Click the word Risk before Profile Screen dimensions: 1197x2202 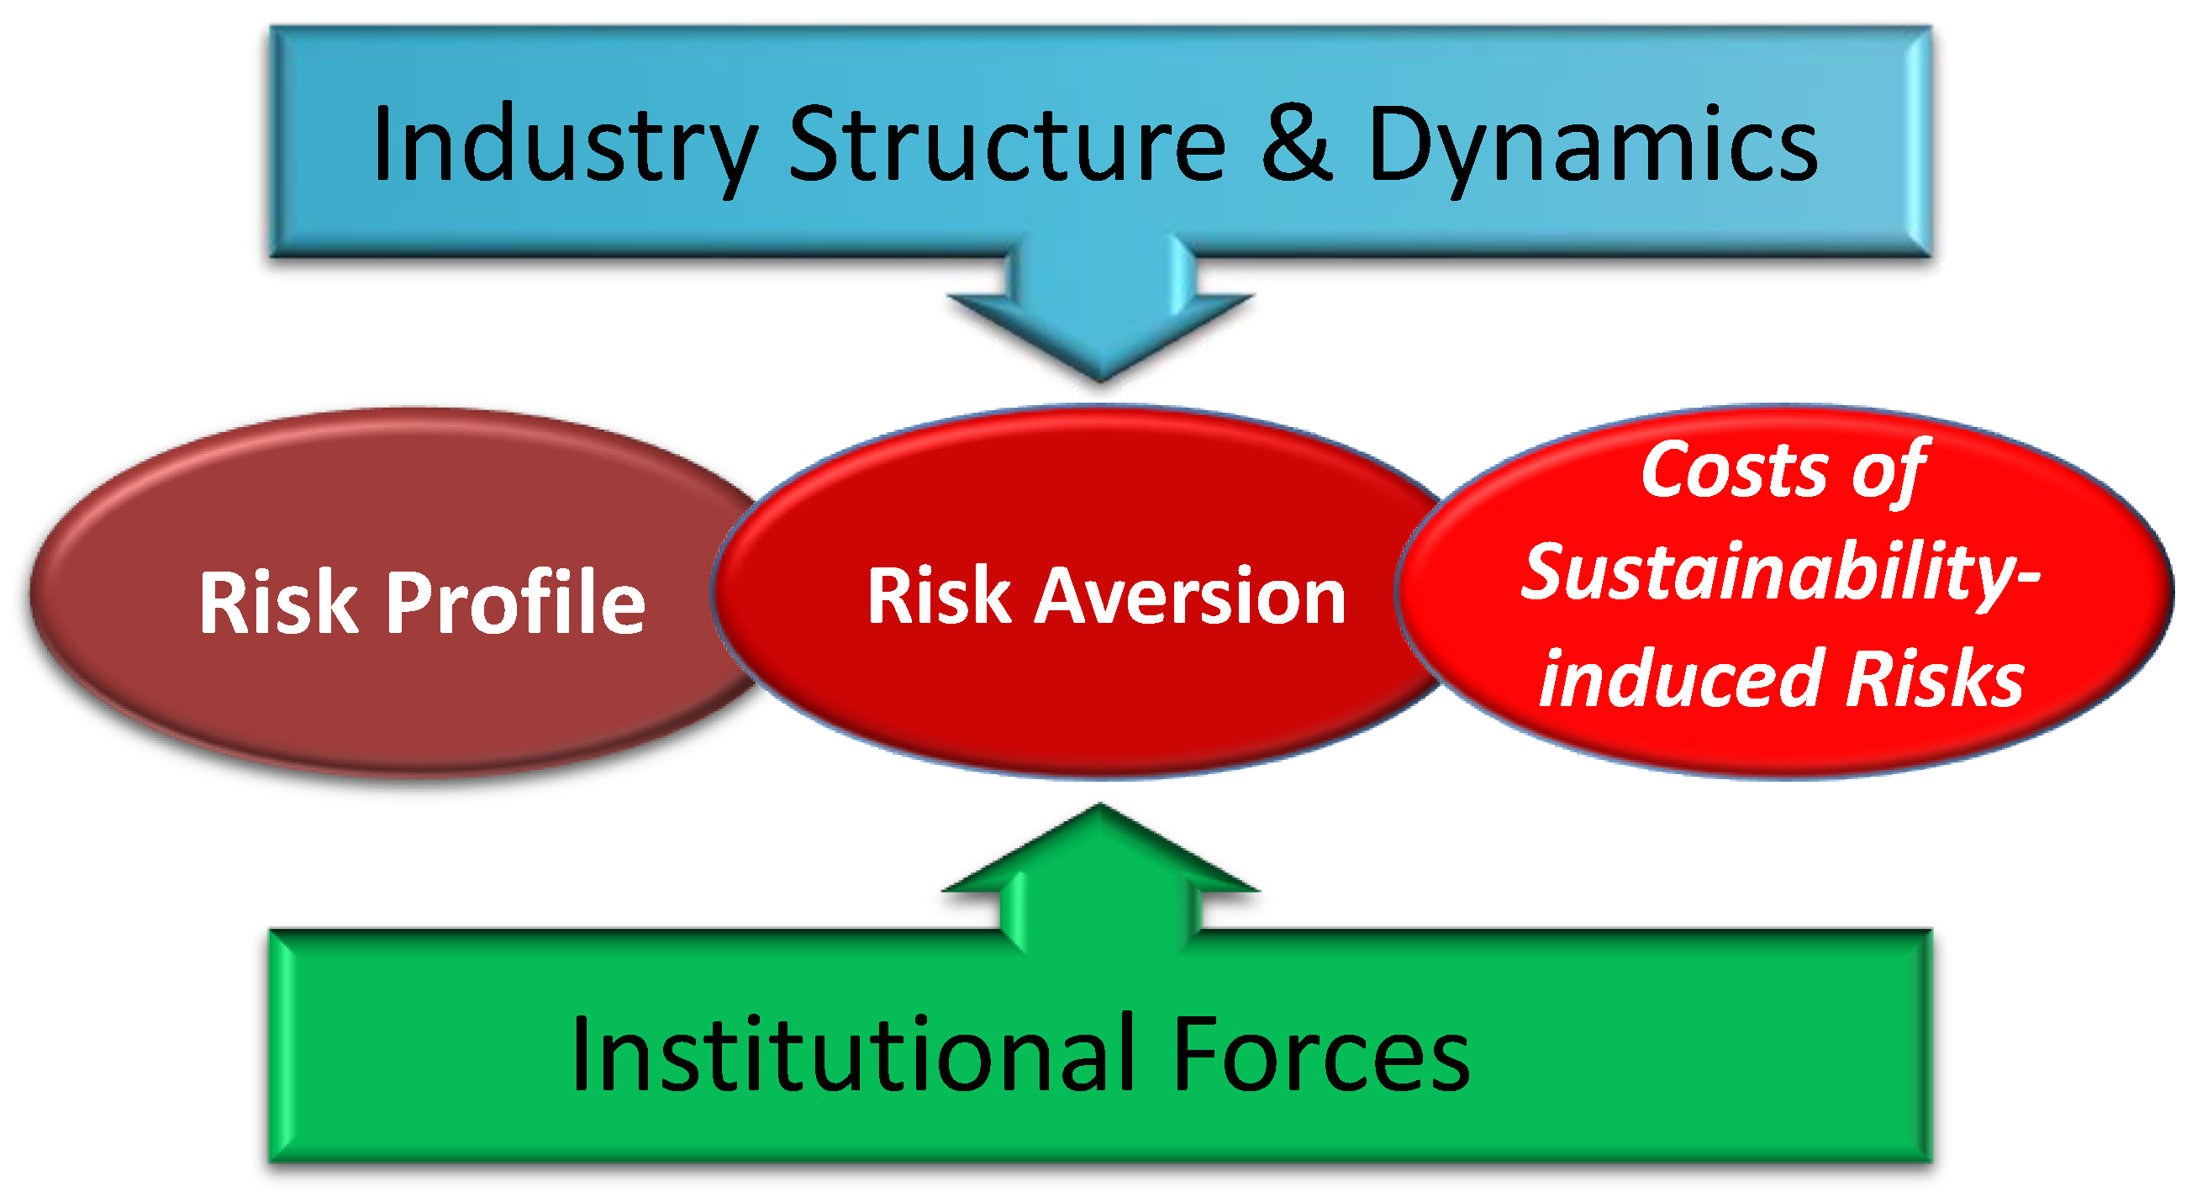[x=279, y=602]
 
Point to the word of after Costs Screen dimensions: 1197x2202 [x=1889, y=471]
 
